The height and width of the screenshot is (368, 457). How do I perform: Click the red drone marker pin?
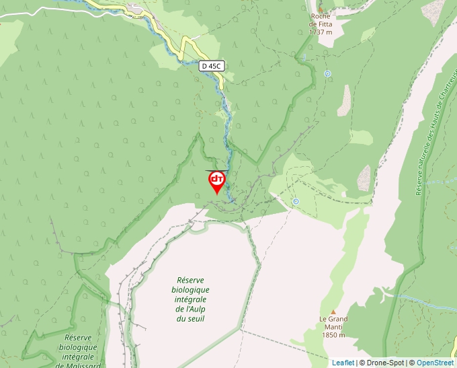pos(216,180)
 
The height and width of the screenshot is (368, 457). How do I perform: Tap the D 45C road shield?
pos(211,66)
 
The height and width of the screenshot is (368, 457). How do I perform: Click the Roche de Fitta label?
pos(321,20)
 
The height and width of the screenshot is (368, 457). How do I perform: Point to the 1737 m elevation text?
pos(321,32)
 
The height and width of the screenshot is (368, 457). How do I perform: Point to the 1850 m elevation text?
pos(333,335)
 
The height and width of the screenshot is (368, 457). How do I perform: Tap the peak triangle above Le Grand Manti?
pos(333,311)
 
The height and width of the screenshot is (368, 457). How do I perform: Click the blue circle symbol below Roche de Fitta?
pos(327,74)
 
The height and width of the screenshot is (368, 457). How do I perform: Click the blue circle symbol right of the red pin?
pos(296,201)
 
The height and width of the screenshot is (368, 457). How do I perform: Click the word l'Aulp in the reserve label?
pos(190,309)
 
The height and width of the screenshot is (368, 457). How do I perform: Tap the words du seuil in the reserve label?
pos(190,318)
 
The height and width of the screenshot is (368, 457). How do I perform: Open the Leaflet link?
pos(343,363)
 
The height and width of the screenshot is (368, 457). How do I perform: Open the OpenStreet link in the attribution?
pos(435,363)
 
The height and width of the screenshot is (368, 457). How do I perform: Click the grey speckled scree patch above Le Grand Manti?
pos(364,178)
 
